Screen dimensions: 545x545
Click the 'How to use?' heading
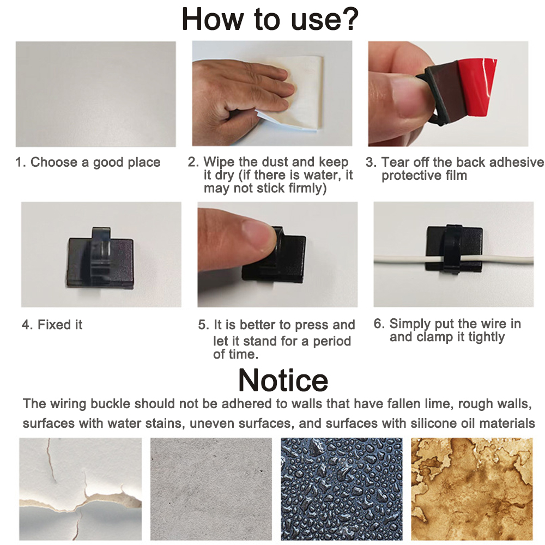[x=270, y=20]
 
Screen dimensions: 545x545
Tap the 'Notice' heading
[x=283, y=380]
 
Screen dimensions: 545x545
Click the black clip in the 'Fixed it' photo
[x=100, y=258]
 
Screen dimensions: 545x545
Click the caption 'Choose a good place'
[x=88, y=162]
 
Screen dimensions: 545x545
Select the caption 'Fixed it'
[x=52, y=325]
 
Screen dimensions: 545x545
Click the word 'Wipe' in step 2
[x=219, y=162]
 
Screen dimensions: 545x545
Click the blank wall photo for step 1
[x=95, y=94]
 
